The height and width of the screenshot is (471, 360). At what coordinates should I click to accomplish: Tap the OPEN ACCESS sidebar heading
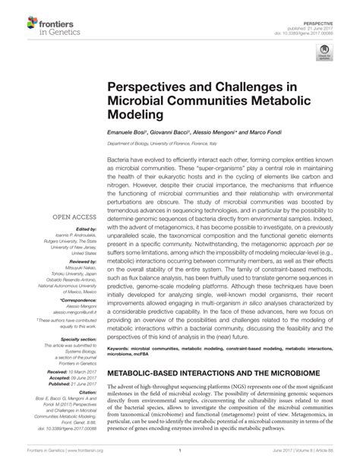coord(75,217)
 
